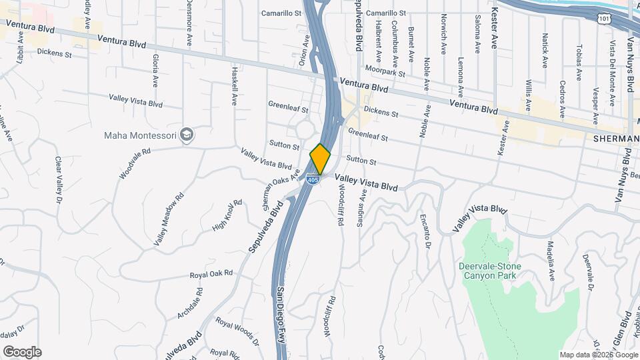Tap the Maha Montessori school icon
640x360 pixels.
187,135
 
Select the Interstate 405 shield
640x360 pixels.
313,179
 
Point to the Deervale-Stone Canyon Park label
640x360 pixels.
490,271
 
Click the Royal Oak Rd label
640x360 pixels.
211,273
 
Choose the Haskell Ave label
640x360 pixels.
235,85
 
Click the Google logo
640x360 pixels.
22,352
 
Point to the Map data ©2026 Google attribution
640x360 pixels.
598,355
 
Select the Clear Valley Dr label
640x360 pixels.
58,180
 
